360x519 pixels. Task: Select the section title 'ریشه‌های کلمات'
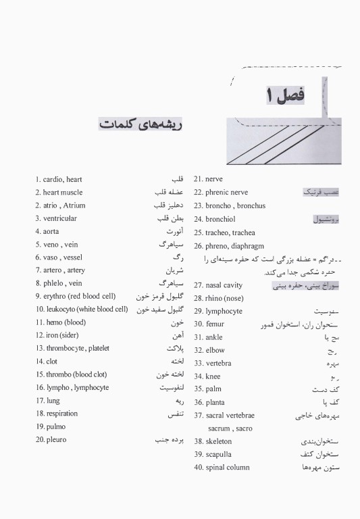(143, 126)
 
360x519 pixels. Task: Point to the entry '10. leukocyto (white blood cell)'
(81, 309)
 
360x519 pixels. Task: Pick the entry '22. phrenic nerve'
(221, 192)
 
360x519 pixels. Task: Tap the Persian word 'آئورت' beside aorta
(175, 231)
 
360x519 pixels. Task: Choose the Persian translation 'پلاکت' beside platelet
(175, 348)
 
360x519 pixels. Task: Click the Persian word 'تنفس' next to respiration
(174, 414)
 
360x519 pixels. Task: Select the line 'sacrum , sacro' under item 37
(230, 428)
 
